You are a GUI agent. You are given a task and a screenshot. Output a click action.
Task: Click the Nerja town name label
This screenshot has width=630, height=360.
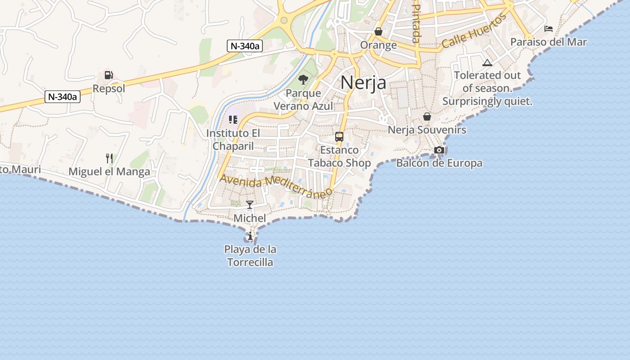363,83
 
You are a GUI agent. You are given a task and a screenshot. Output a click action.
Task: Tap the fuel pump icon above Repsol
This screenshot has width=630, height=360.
108,75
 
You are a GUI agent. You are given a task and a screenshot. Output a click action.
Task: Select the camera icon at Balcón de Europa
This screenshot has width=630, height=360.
439,150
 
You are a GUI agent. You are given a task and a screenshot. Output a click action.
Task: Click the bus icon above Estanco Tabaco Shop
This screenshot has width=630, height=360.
339,137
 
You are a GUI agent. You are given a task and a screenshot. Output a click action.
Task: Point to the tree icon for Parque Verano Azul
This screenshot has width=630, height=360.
303,80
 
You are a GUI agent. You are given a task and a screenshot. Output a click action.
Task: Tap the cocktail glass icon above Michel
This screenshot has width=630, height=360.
250,205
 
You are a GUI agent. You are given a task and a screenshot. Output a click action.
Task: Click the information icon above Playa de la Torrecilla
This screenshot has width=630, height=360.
250,236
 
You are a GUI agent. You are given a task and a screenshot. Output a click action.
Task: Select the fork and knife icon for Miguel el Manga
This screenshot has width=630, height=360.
109,158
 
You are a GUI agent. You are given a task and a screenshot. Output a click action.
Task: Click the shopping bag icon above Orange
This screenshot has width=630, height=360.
378,31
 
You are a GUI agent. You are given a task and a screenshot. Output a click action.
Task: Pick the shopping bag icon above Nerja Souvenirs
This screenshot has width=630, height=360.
427,117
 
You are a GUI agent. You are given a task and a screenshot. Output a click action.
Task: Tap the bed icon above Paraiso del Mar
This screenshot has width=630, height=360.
549,29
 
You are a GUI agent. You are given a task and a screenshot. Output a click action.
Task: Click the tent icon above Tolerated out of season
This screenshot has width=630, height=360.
487,63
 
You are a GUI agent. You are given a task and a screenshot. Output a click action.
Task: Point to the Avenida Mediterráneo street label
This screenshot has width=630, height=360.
276,184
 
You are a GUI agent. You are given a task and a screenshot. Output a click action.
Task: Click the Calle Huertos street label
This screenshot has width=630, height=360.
474,31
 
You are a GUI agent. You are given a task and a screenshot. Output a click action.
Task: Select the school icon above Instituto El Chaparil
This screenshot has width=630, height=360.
233,120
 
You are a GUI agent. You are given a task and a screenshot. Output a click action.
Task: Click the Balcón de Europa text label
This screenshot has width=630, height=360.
439,163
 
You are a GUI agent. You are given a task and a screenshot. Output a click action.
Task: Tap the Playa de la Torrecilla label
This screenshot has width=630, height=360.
250,256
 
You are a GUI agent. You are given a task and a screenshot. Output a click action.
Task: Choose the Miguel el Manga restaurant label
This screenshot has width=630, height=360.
109,171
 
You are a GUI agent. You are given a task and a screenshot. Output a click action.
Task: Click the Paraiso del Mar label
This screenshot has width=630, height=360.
549,42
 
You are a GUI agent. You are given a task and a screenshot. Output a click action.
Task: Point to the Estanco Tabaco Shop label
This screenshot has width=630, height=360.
339,156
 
